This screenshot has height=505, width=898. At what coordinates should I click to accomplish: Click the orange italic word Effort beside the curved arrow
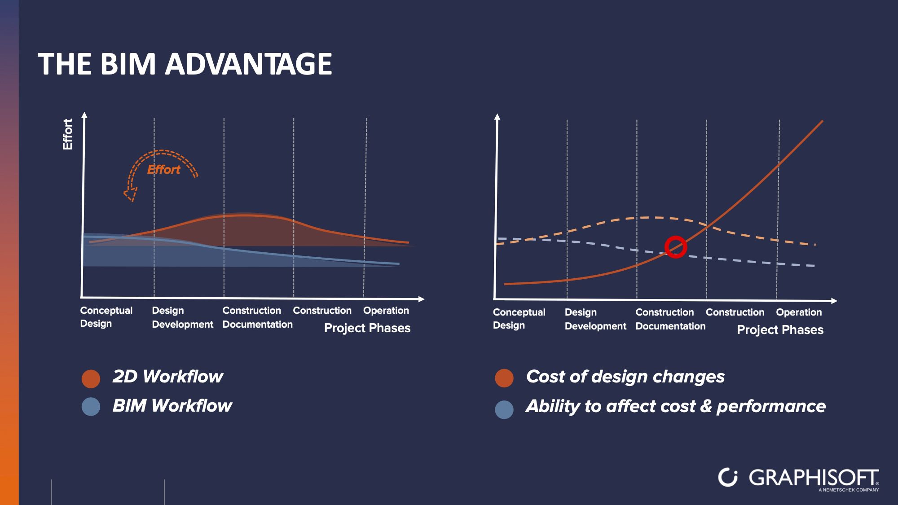(164, 170)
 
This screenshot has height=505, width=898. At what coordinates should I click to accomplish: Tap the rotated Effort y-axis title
(67, 134)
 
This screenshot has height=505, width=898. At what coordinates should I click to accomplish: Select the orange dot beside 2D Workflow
(91, 379)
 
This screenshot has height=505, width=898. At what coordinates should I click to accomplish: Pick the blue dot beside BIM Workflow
(91, 407)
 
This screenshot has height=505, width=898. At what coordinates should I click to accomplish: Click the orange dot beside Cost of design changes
(504, 378)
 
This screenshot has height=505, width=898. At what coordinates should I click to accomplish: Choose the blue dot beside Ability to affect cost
(504, 409)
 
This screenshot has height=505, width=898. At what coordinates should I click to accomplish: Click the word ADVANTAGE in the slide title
(249, 64)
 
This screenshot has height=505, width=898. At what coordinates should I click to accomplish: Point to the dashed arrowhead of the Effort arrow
(130, 194)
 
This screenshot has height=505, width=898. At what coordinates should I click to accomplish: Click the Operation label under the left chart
(386, 311)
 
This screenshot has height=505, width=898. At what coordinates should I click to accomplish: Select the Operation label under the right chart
(799, 312)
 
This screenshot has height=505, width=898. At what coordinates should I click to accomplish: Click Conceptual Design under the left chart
(106, 317)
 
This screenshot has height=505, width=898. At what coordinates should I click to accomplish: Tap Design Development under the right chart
(595, 319)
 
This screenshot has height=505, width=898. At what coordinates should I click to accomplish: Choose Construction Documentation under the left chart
(257, 317)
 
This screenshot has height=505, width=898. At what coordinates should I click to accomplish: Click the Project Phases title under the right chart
(780, 330)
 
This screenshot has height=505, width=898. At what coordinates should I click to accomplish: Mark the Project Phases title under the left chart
(367, 328)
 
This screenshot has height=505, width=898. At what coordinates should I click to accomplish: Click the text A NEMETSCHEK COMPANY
(849, 490)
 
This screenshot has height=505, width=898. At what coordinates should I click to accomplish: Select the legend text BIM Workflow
(172, 406)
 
